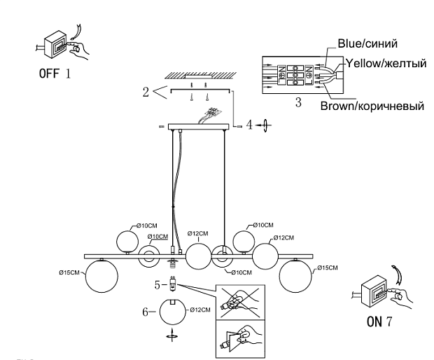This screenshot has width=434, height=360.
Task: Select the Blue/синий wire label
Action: coord(368,43)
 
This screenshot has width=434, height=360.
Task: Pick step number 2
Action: coord(146,90)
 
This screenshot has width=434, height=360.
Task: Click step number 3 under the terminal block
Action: coord(297,103)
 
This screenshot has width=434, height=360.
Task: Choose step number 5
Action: coord(158,284)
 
